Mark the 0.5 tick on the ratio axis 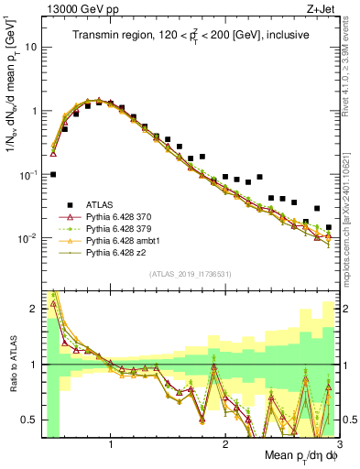pos(29,420)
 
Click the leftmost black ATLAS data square pos(53,174)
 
